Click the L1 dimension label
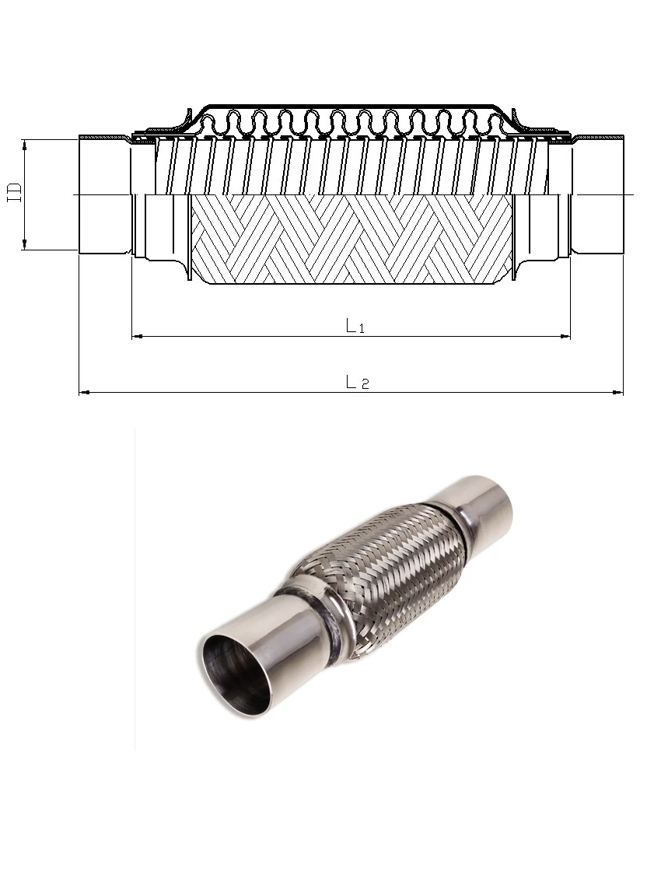click(x=355, y=327)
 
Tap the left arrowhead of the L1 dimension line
click(x=137, y=336)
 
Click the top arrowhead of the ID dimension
click(x=25, y=144)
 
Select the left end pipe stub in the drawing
click(x=103, y=194)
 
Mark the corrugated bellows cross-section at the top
click(x=350, y=121)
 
